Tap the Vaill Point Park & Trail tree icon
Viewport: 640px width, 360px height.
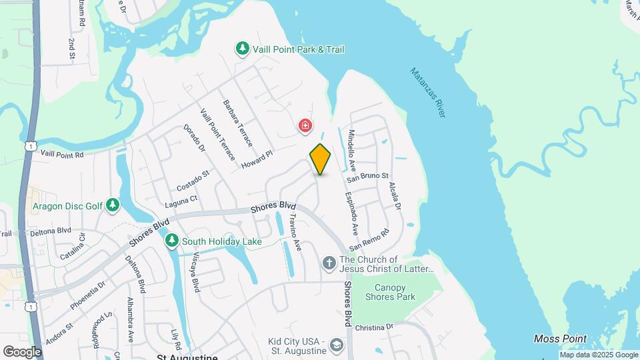[243, 49]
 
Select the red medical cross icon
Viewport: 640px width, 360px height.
[305, 125]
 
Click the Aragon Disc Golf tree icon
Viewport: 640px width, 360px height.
[113, 205]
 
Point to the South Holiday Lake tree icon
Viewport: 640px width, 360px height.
[172, 240]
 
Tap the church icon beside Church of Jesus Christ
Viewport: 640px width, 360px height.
[329, 263]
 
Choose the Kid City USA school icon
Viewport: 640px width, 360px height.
[336, 345]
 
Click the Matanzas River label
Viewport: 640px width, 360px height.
[427, 93]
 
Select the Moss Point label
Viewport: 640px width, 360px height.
[561, 339]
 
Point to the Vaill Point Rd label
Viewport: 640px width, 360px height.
[62, 155]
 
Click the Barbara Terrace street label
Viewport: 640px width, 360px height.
[238, 123]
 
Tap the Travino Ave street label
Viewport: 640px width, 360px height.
[294, 231]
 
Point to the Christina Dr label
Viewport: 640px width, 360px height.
[375, 328]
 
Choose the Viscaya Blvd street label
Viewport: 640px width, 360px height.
[195, 272]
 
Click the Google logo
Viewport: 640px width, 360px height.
[22, 352]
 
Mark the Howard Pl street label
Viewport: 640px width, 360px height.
[257, 159]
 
